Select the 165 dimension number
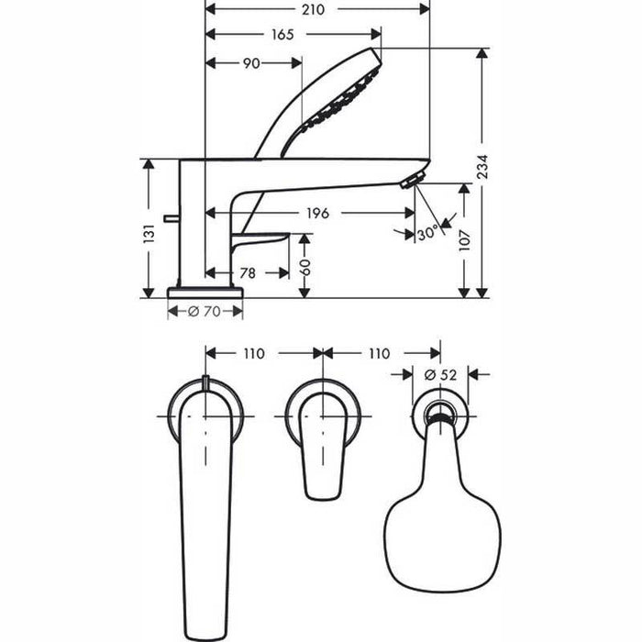point(282,35)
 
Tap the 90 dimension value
point(251,62)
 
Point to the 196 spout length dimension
point(317,213)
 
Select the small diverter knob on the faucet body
point(168,217)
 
